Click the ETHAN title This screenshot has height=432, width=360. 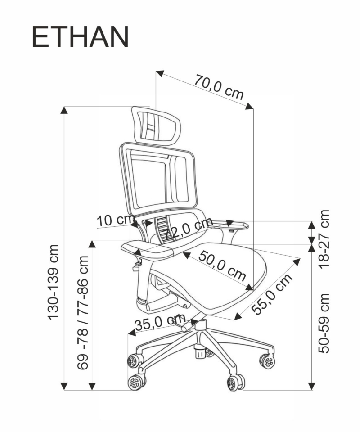(80, 37)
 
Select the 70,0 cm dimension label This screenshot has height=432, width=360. (219, 87)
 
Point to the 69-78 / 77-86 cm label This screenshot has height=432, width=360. (83, 313)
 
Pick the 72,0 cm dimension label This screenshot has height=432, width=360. (188, 229)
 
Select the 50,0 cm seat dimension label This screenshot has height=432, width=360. (222, 265)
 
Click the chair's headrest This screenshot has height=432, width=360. (156, 124)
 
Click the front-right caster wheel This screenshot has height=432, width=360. (235, 383)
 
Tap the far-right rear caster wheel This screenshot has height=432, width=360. (267, 361)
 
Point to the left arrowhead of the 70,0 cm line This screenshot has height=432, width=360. (159, 73)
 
